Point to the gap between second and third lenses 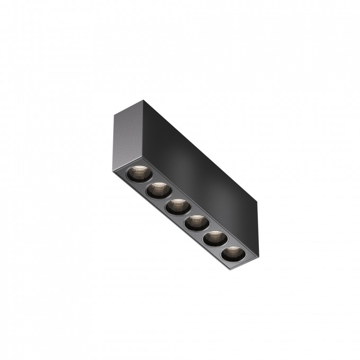point(167,198)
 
